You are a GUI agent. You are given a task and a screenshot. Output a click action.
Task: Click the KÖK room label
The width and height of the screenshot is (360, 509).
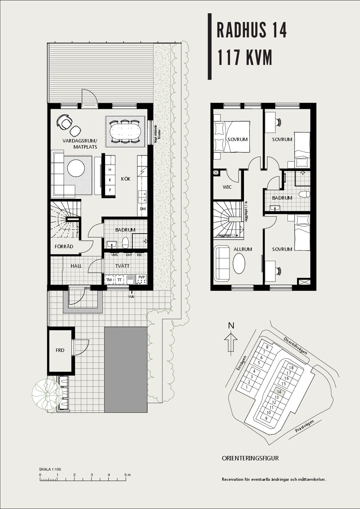pyautogui.click(x=126, y=179)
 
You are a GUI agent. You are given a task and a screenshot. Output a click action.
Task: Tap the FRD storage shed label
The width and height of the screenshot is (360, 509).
pyautogui.click(x=60, y=350)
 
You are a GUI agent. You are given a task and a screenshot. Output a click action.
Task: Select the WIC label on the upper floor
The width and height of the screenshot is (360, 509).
pyautogui.click(x=227, y=187)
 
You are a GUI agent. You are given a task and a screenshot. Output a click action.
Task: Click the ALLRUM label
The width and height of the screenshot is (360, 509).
pyautogui.click(x=243, y=249)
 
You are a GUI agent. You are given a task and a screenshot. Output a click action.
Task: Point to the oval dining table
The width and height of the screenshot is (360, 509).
pyautogui.click(x=125, y=131)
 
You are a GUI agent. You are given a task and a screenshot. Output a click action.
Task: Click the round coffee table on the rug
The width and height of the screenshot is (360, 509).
pyautogui.click(x=76, y=168)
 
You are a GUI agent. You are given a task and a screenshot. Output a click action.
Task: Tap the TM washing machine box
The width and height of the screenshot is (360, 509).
pyautogui.click(x=109, y=280)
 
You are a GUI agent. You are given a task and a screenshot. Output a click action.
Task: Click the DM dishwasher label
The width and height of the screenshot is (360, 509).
pyautogui.click(x=143, y=209)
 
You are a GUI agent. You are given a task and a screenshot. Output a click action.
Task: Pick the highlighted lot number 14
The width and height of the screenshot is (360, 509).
pyautogui.click(x=279, y=392)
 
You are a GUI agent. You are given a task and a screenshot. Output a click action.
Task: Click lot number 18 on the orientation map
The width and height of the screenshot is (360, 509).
pyautogui.click(x=291, y=368)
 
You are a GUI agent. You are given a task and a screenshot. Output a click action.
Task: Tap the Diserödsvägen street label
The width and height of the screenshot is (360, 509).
pyautogui.click(x=295, y=345)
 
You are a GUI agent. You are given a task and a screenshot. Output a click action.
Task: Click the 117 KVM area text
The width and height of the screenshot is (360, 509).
pyautogui.click(x=245, y=57)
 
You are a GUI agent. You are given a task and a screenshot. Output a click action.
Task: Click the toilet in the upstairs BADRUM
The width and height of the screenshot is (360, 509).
pyautogui.click(x=304, y=194)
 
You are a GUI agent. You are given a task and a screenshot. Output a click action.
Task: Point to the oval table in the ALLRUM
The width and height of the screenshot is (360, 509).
pyautogui.click(x=239, y=264)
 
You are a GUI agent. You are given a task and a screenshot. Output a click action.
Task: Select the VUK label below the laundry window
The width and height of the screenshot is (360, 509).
pyautogui.click(x=131, y=296)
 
